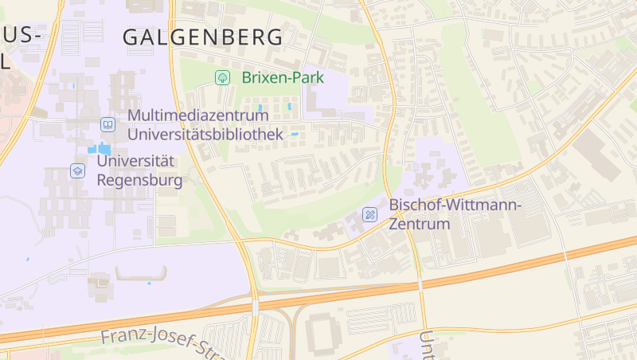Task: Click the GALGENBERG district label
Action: (x=203, y=37)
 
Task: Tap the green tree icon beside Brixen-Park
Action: (x=223, y=77)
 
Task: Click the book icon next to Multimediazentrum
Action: (x=107, y=124)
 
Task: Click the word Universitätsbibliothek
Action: (x=205, y=135)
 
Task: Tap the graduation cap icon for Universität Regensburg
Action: (x=77, y=170)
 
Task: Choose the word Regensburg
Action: (x=139, y=180)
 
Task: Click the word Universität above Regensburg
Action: (x=135, y=161)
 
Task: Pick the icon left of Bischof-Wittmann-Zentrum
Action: (x=369, y=214)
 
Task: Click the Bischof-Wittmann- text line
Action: (x=455, y=205)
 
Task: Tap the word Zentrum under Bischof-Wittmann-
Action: (x=420, y=224)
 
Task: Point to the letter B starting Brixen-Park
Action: (x=246, y=77)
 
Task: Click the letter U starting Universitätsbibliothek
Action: (x=133, y=135)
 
